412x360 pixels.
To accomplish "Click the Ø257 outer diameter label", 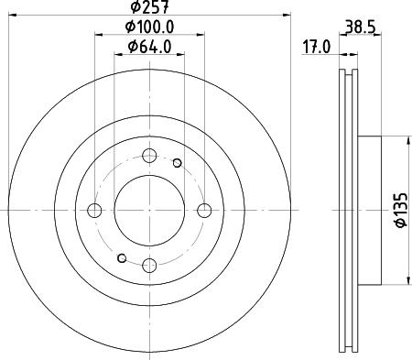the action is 149,6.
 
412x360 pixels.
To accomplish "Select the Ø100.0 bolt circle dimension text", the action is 149,27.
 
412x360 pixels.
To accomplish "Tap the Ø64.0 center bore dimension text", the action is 149,47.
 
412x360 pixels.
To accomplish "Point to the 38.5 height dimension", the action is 360,27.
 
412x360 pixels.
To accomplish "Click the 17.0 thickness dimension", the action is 317,48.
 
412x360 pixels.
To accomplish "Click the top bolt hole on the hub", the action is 149,156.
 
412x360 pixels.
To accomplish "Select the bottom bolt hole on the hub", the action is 149,265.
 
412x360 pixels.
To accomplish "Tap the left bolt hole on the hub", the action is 94,211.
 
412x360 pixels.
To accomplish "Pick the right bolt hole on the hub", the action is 204,211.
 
